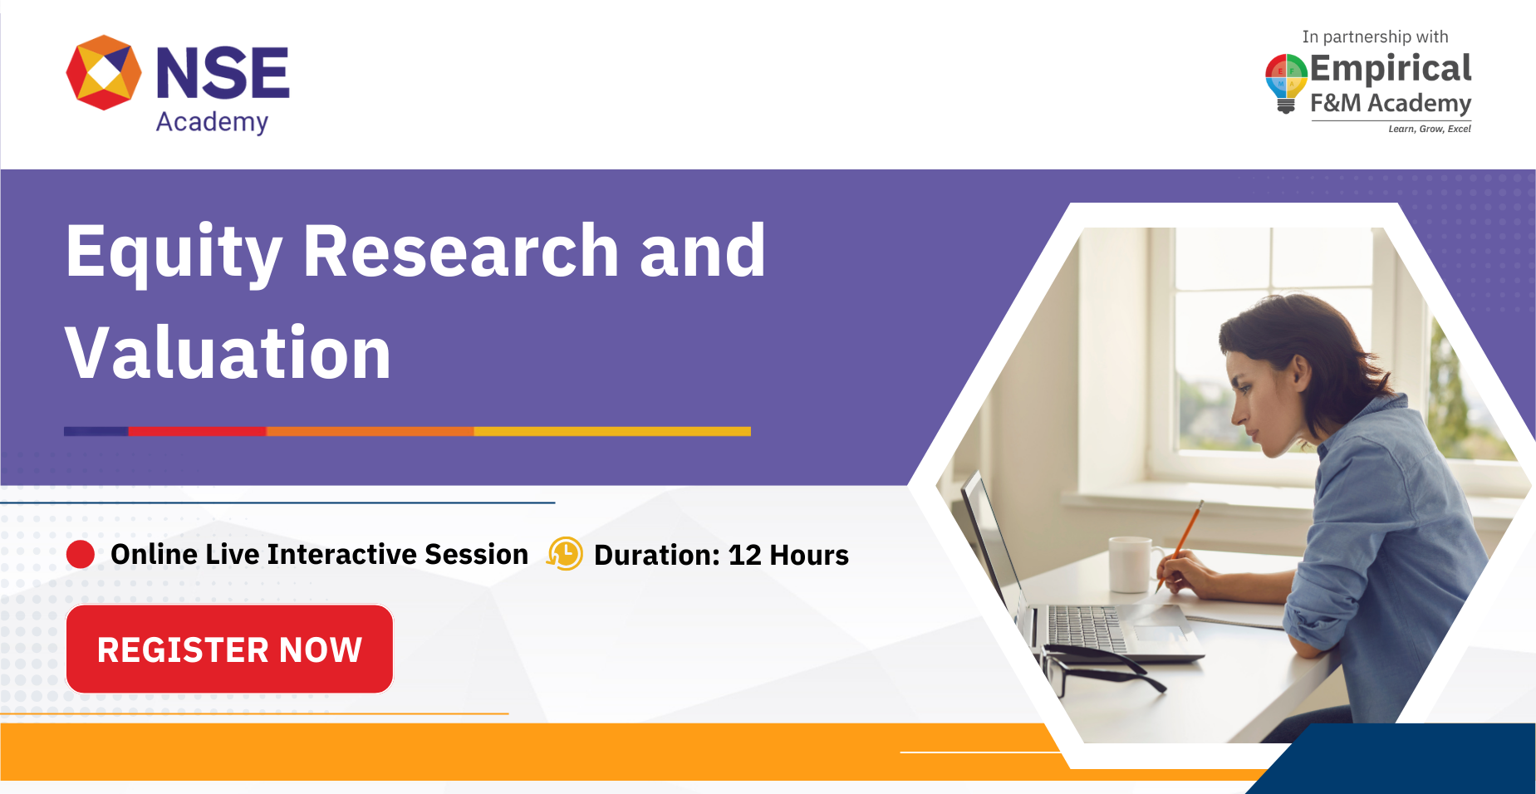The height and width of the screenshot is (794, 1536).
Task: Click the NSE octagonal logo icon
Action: [x=104, y=72]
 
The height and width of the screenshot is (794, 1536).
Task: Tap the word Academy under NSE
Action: [x=212, y=122]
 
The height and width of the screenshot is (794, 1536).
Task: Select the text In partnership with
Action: [x=1375, y=37]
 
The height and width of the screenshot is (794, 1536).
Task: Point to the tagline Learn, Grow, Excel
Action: [x=1429, y=129]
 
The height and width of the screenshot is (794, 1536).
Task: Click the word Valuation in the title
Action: [x=228, y=354]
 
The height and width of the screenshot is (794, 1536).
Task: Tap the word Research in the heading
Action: [x=460, y=251]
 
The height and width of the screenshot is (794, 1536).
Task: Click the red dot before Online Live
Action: [x=81, y=554]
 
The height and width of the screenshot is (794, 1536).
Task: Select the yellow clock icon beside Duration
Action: [x=565, y=554]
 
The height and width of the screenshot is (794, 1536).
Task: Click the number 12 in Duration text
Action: [x=744, y=555]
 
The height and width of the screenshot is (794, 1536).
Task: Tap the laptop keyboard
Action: [x=1084, y=627]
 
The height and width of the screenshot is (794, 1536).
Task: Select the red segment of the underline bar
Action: [x=197, y=431]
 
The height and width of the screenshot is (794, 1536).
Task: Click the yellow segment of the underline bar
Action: [x=612, y=431]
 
